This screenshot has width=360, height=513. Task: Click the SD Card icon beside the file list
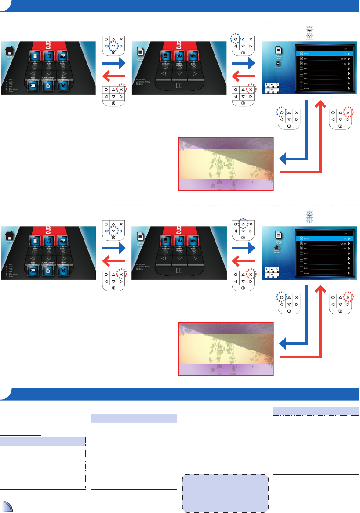coord(278,64)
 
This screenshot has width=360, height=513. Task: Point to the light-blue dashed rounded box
coord(225,493)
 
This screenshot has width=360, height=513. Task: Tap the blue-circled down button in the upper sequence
coord(113,46)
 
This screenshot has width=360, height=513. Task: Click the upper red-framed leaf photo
coord(225,164)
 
